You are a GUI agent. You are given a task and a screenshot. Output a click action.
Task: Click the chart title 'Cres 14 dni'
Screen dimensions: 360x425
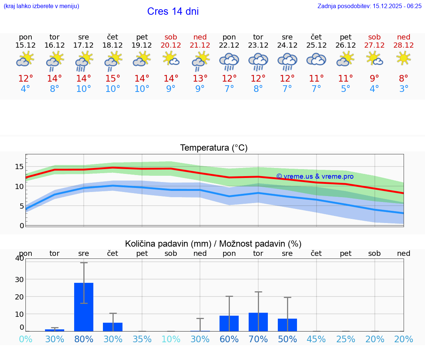173,11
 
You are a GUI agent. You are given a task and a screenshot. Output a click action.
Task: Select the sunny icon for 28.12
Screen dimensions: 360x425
404,58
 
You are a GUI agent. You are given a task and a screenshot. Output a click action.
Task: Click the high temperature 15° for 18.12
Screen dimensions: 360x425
113,78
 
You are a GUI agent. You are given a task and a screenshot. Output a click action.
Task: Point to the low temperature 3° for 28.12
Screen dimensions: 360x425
404,89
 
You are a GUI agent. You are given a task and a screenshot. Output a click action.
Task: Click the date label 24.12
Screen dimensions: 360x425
287,45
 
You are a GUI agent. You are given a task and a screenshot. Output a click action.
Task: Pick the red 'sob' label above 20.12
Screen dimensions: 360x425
171,37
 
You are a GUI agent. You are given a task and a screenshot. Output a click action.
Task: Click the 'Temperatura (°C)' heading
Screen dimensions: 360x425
214,148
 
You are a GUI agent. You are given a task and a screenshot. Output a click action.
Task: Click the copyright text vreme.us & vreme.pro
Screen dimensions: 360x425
315,176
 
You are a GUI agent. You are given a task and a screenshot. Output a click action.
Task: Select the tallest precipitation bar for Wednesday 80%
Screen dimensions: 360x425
84,307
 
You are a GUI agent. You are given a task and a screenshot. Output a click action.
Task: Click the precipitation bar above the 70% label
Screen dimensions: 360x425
258,322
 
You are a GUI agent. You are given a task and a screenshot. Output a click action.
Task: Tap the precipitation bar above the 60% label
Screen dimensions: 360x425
229,323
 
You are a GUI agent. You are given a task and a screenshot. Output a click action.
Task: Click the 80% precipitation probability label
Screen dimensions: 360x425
84,339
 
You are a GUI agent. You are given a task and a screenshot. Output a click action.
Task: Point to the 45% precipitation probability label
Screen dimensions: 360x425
316,339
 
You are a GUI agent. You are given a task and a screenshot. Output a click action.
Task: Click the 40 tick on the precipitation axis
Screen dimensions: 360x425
19,258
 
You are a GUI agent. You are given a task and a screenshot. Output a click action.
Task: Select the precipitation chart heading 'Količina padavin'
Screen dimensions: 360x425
168,244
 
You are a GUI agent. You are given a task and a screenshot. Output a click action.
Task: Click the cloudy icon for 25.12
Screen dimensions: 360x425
316,59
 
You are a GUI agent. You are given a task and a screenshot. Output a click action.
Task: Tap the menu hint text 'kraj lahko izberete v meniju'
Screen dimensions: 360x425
41,6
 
